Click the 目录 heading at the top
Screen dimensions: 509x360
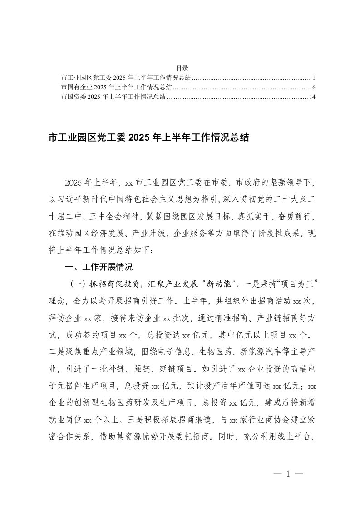pos(179,67)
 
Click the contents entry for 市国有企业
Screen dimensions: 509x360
pos(116,87)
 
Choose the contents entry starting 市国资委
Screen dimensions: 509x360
pos(113,97)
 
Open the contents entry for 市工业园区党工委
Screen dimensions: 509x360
pos(126,77)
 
